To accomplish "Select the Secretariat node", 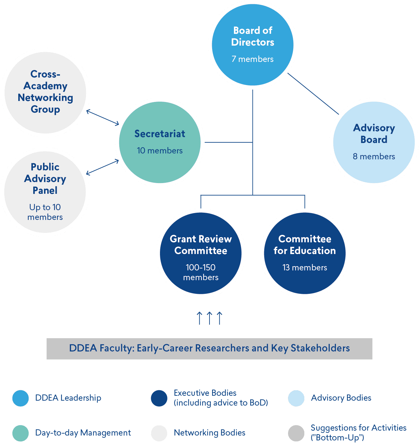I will click(x=160, y=142).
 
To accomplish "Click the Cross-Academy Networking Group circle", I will click(x=45, y=92).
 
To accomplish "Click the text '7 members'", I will click(x=253, y=59).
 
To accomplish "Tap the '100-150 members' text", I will click(x=201, y=272).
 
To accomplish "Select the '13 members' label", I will click(x=305, y=267).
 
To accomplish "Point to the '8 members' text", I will click(x=374, y=156).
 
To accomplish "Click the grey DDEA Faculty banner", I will click(x=209, y=349).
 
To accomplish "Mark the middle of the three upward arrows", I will click(x=209, y=318).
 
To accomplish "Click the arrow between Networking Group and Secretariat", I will click(x=103, y=117).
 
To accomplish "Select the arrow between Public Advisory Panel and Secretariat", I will click(x=103, y=167).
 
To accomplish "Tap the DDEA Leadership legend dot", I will click(x=21, y=398).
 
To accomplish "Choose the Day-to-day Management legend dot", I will click(x=21, y=433).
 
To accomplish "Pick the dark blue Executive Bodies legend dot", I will click(x=159, y=398).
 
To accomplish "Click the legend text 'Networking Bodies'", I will click(x=209, y=433).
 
